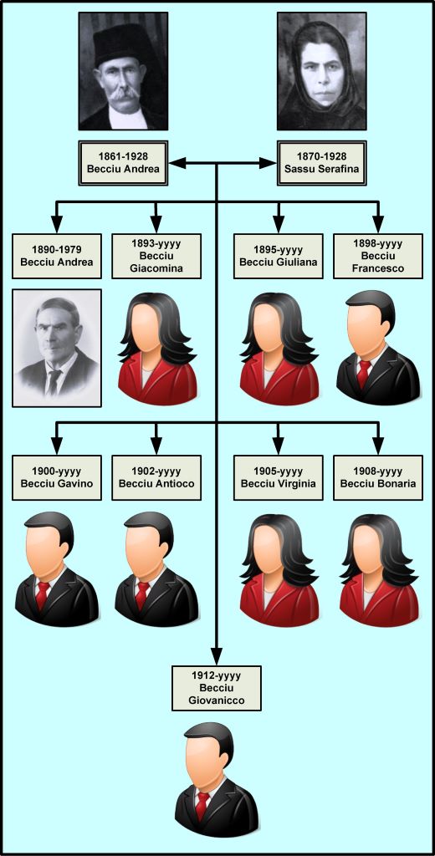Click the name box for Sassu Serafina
pyautogui.click(x=322, y=163)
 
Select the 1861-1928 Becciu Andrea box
pyautogui.click(x=123, y=163)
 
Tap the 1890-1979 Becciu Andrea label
pyautogui.click(x=57, y=256)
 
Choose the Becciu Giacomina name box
pyautogui.click(x=156, y=256)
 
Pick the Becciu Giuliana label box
pyautogui.click(x=279, y=256)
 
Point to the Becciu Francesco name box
pyautogui.click(x=377, y=256)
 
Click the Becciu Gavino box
pyautogui.click(x=57, y=477)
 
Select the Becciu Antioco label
pyautogui.click(x=156, y=477)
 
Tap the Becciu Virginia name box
pyautogui.click(x=279, y=477)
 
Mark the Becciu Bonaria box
pyautogui.click(x=377, y=477)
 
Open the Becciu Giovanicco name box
pyautogui.click(x=217, y=688)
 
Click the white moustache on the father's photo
pyautogui.click(x=122, y=92)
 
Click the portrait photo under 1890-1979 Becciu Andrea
pyautogui.click(x=57, y=348)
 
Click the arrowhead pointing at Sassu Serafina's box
pyautogui.click(x=268, y=163)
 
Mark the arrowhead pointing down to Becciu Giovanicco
pyautogui.click(x=217, y=656)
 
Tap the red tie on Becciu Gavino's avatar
pyautogui.click(x=43, y=595)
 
